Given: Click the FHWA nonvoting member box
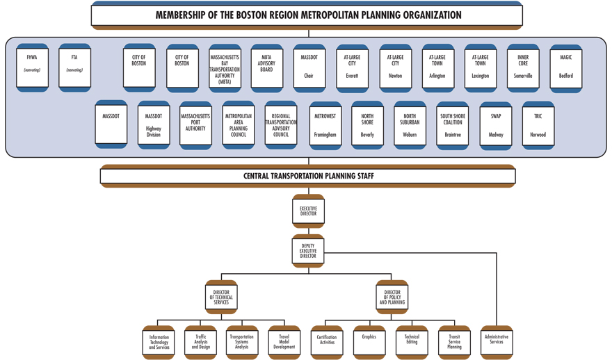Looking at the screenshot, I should pos(32,67).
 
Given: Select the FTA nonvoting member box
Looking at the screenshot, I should pos(74,67).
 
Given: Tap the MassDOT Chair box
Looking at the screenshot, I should pos(309,67).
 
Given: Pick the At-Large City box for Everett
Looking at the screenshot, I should pos(352,67).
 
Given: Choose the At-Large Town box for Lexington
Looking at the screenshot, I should pos(480,67).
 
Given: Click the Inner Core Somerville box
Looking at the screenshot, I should pos(523,67).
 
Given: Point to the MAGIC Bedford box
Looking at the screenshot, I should pos(566,67).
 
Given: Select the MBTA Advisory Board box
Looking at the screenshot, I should pos(266,67).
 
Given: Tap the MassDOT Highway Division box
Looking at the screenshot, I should pos(154,125).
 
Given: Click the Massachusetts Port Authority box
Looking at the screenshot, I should pos(195,125).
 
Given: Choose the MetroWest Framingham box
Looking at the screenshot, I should pos(325,125).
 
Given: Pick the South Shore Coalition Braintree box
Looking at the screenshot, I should pos(453,125).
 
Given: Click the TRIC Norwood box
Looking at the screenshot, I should pos(538,125).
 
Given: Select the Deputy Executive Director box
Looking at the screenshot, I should pos(308,252).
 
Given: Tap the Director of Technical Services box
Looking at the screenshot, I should pos(221,297).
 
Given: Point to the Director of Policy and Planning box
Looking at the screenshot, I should pos(392,297).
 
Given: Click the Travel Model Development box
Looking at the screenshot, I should pos(284,342).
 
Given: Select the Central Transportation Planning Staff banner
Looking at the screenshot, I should pos(308,177).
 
